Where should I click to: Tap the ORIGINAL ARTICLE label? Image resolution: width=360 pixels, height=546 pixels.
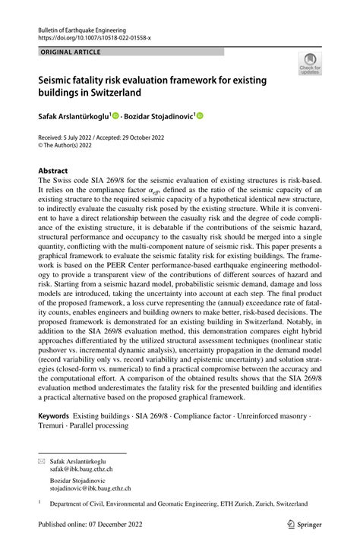68,52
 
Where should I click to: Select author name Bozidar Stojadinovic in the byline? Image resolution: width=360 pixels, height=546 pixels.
156,116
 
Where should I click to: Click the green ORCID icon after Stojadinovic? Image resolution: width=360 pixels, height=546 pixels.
200,116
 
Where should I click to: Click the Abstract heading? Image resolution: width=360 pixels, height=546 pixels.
53,171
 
